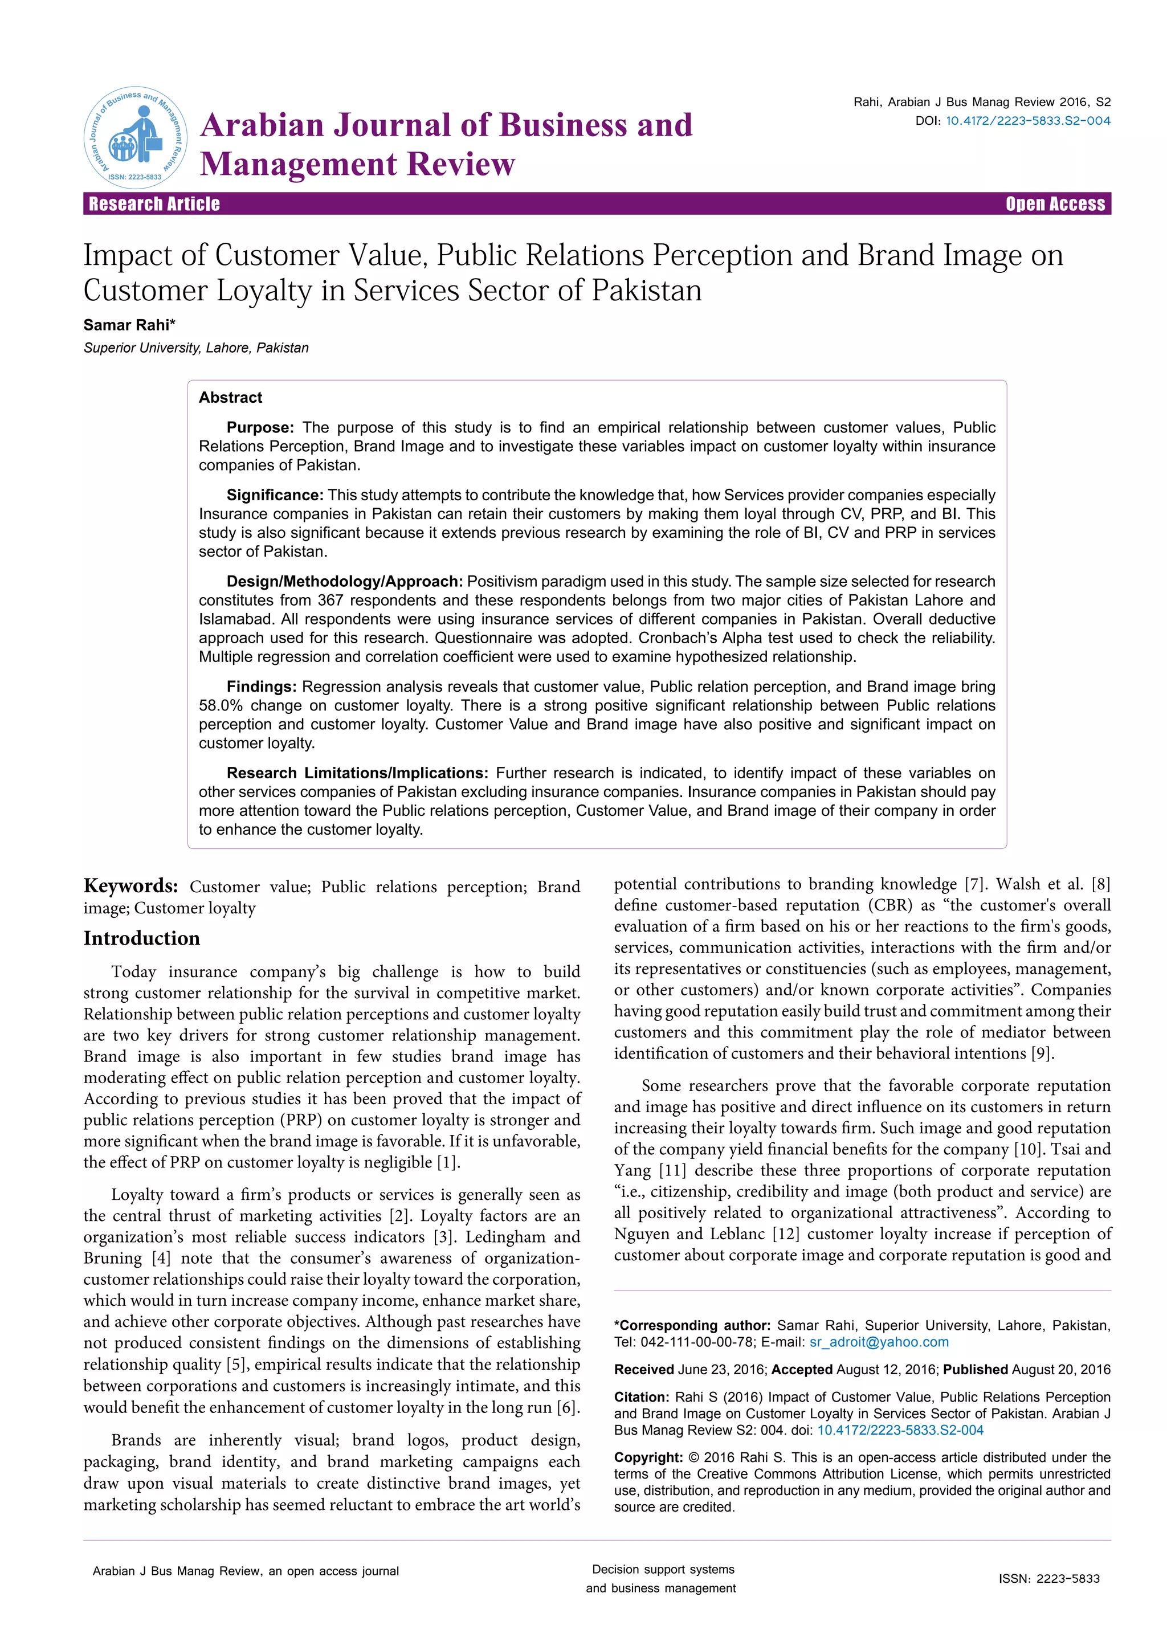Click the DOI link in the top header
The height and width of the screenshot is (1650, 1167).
[1027, 121]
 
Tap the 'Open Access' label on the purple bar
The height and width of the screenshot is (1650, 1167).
[1055, 204]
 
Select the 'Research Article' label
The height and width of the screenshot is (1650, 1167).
[154, 204]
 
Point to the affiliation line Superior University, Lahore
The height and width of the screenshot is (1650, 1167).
[195, 348]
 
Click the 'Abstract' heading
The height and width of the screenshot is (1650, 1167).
[230, 398]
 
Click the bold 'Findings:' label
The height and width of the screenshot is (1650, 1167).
[262, 687]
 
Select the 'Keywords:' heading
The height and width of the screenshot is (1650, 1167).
[131, 885]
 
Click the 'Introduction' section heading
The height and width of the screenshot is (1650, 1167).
[141, 938]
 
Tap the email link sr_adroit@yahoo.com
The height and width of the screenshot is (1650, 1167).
[879, 1342]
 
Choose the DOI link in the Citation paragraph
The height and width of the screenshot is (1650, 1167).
[900, 1430]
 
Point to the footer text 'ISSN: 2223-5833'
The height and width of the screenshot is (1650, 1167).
[1048, 1579]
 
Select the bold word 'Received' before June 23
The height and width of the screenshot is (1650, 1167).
[644, 1370]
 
